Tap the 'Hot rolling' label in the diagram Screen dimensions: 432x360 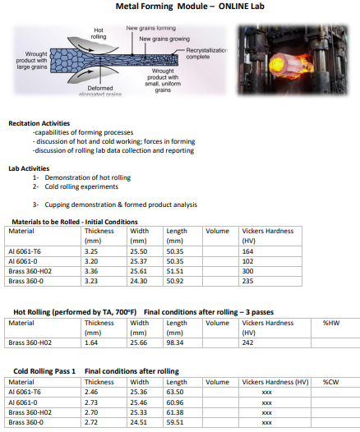point(98,34)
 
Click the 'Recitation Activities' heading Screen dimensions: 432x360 point(39,123)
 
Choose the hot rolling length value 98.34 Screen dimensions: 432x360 point(176,342)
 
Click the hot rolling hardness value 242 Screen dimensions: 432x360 point(247,342)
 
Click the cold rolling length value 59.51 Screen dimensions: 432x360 point(176,421)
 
